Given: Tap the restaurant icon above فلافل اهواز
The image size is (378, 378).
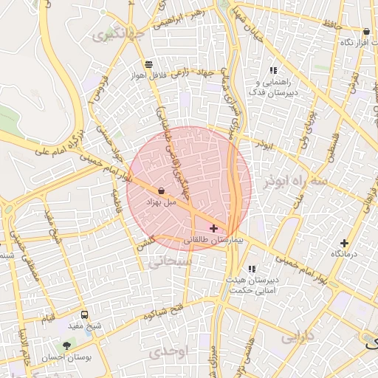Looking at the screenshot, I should click(x=149, y=64).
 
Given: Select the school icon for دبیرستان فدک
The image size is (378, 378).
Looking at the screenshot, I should click(x=273, y=70).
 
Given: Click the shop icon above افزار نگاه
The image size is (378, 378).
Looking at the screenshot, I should click(x=366, y=32).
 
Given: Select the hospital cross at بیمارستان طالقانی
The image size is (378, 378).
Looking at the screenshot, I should click(x=214, y=229).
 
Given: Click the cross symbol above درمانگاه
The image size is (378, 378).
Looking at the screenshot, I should click(x=344, y=243).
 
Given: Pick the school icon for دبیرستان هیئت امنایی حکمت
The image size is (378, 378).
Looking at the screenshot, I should click(x=252, y=269).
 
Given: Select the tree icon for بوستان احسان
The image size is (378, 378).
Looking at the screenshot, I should click(x=67, y=345).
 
